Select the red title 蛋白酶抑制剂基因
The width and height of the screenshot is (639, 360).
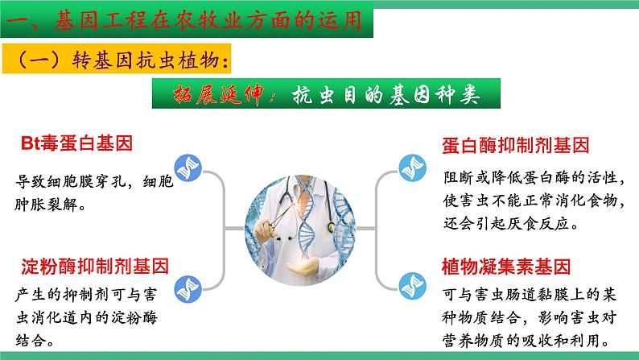tap(516, 145)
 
